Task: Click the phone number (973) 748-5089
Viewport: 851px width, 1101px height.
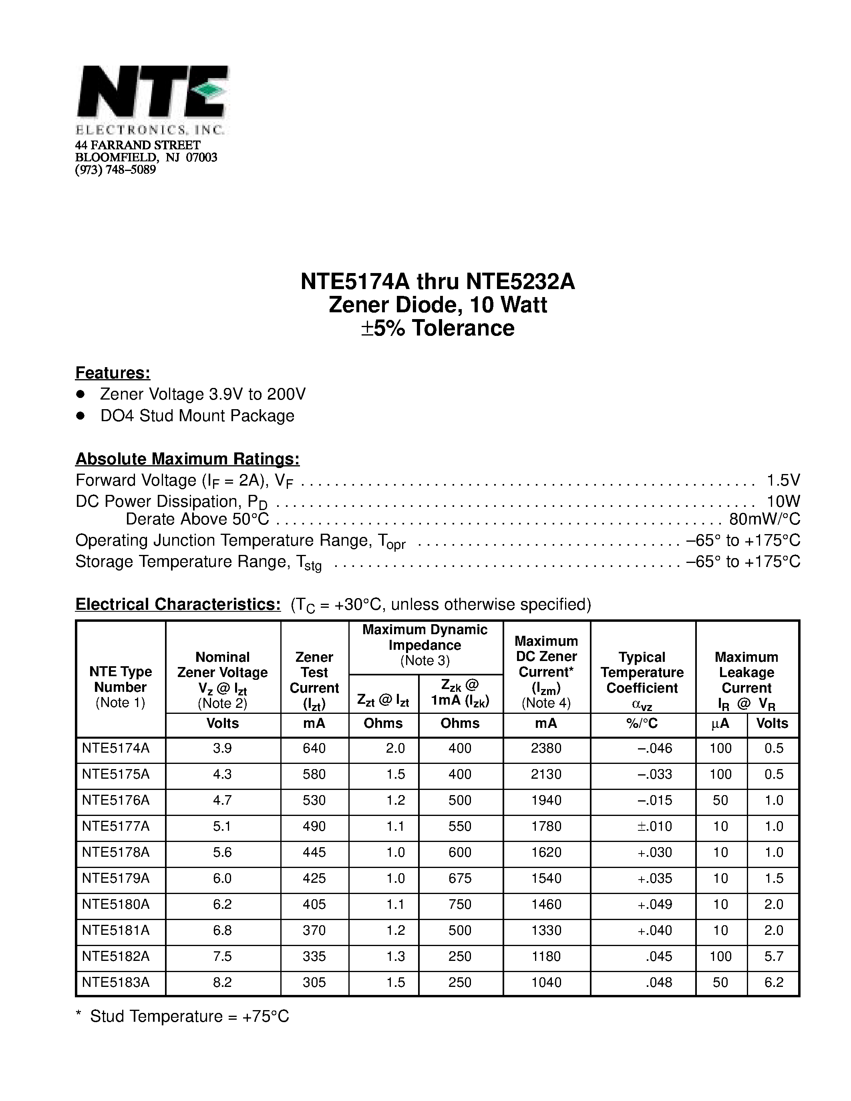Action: [x=115, y=170]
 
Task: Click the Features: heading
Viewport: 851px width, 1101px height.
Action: [x=113, y=373]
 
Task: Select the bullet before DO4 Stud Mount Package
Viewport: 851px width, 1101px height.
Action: [x=80, y=416]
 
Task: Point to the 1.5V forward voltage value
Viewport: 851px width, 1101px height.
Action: [x=783, y=480]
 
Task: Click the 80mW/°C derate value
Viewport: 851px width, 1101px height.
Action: [x=764, y=519]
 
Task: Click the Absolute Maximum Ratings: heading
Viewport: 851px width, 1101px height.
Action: [x=187, y=459]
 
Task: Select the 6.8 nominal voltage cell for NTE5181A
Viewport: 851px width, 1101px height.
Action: [x=222, y=930]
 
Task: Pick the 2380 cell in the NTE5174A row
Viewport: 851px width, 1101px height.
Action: [x=546, y=748]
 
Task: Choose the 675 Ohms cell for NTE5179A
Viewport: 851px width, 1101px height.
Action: [x=460, y=878]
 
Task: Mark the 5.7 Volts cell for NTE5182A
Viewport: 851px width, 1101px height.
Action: [x=773, y=956]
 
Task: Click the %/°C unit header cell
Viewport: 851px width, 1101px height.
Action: [x=642, y=723]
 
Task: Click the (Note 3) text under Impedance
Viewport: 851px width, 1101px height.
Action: [x=424, y=660]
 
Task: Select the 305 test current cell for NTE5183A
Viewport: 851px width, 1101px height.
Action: [x=314, y=982]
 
